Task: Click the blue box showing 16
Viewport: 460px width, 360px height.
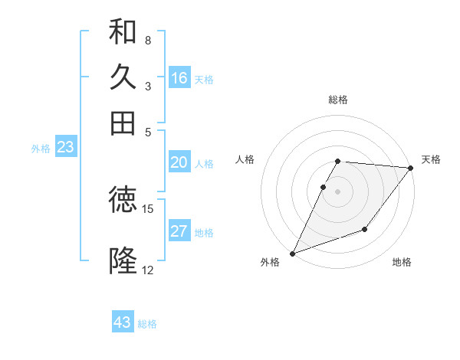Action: (179, 78)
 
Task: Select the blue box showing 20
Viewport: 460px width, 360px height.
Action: (179, 162)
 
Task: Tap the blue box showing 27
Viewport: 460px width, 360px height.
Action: (179, 232)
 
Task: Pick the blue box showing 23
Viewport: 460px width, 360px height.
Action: (65, 148)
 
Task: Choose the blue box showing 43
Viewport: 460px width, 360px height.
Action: (123, 322)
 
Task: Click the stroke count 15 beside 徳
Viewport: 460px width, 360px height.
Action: (148, 208)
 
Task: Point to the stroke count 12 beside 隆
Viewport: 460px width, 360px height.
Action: (148, 270)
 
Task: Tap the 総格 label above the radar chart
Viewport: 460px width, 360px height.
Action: (337, 100)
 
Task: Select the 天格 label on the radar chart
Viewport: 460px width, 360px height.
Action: (431, 159)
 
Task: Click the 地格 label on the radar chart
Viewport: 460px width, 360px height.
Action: (402, 263)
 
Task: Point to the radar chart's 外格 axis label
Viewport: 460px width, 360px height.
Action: (271, 263)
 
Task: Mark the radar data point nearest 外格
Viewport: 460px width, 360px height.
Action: (292, 254)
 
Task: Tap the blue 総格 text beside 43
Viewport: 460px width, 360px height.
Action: (147, 324)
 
